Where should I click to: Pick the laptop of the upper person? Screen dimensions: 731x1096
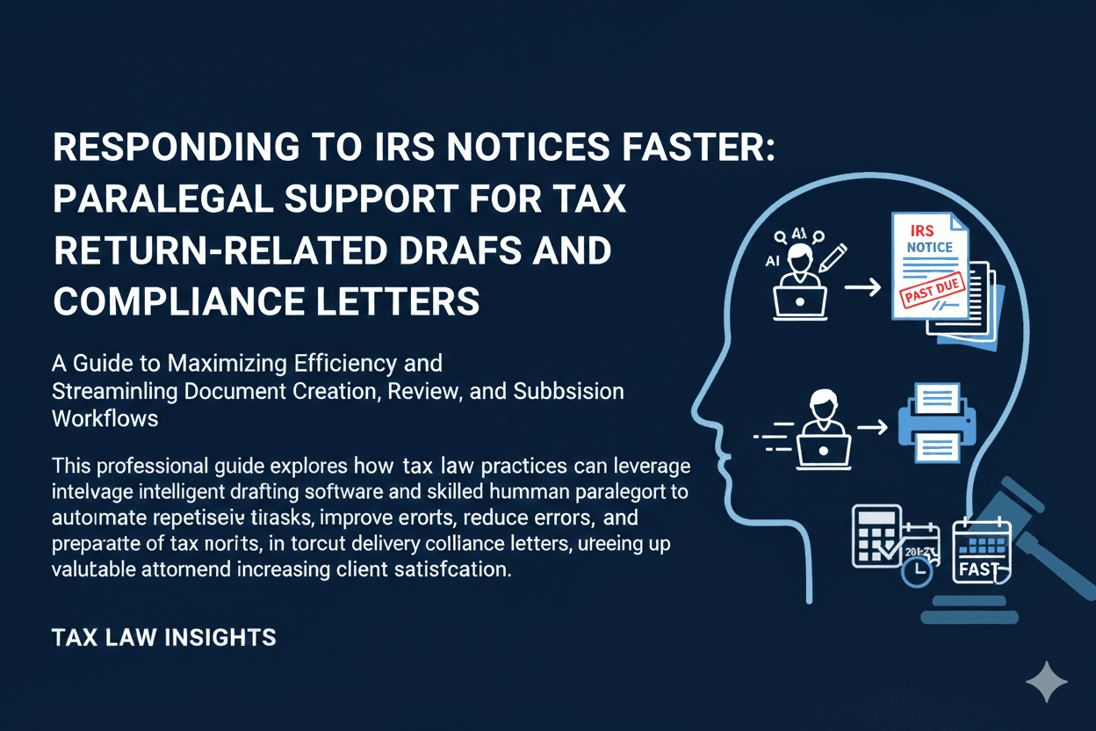(799, 301)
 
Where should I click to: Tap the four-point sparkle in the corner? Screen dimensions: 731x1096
(1047, 682)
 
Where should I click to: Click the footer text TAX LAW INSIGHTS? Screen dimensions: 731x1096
(164, 637)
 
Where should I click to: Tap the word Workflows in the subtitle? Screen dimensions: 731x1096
(105, 417)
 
